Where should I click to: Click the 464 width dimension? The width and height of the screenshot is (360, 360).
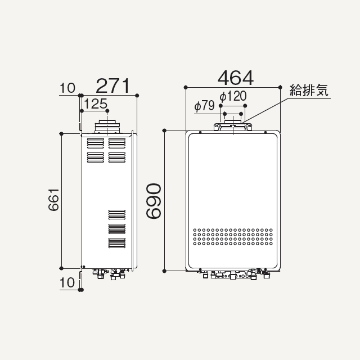[x=236, y=78]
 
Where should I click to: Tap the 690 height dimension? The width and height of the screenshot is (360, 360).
[x=154, y=201]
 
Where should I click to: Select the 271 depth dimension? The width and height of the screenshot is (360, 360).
[x=112, y=85]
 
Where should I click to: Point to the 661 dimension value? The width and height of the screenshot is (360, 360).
[x=54, y=200]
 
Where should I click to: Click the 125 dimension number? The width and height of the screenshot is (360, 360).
[x=96, y=103]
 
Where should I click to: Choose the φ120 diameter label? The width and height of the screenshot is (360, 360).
[x=233, y=96]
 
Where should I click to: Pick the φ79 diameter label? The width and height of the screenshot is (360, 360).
[x=204, y=106]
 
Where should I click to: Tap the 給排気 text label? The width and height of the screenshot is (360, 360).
[x=309, y=90]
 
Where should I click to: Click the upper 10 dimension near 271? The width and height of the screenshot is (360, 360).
[x=67, y=88]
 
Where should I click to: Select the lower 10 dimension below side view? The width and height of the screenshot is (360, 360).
[x=67, y=282]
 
